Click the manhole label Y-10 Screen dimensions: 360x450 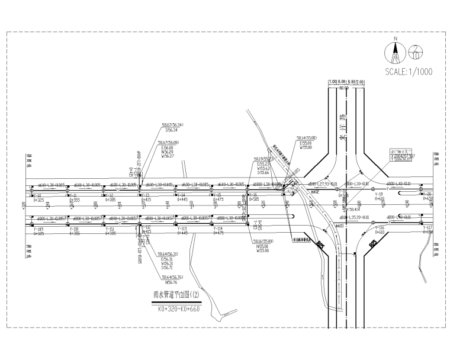[x=37, y=196]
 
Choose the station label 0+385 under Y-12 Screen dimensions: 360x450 [x=110, y=200]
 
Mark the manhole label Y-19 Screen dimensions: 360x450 [x=379, y=195]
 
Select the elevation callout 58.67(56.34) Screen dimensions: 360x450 [x=172, y=125]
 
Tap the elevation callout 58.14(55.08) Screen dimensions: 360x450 [x=307, y=138]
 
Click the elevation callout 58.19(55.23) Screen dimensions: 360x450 [x=263, y=159]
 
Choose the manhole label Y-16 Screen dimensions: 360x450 [x=253, y=196]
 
